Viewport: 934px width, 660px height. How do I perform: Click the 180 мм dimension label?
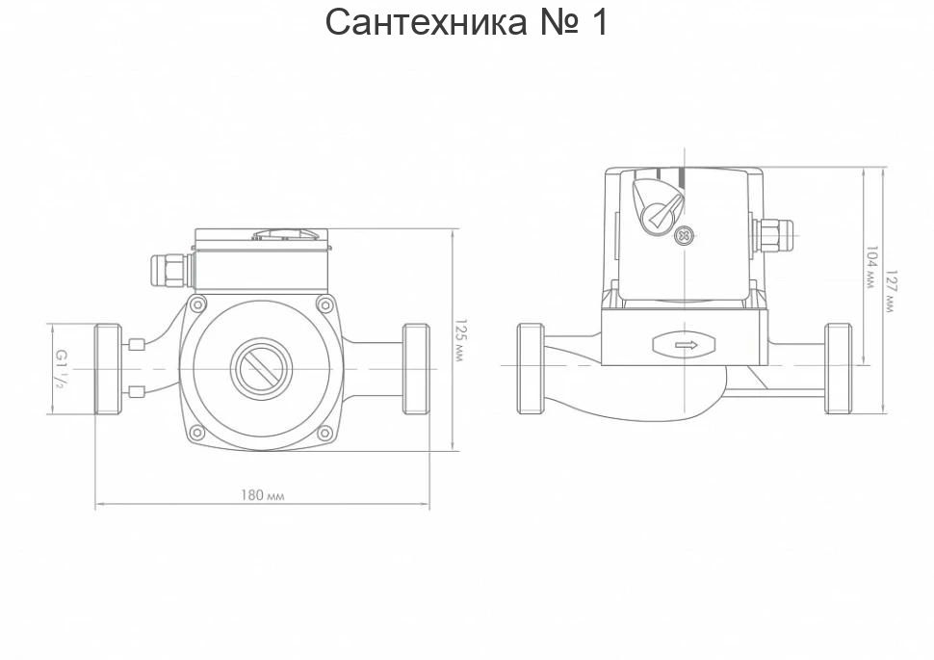click(x=263, y=495)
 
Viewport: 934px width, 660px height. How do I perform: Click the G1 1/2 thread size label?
click(x=60, y=369)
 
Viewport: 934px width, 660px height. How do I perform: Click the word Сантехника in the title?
click(x=426, y=22)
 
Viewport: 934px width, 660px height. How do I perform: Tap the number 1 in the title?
click(x=598, y=22)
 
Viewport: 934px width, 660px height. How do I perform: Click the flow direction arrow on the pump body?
click(x=686, y=345)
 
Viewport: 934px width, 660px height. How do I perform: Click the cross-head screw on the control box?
click(x=685, y=236)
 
